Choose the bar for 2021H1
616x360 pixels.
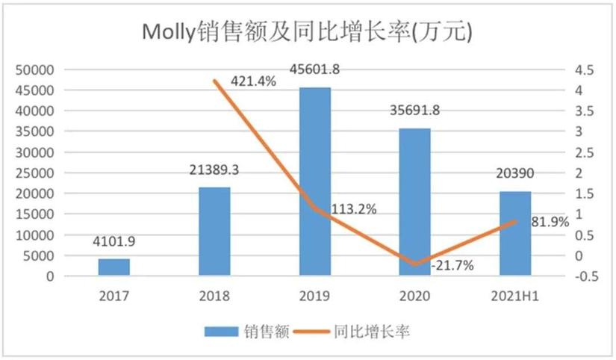click(x=514, y=234)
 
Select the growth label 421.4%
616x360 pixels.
click(x=253, y=81)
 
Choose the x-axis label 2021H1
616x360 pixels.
click(x=515, y=296)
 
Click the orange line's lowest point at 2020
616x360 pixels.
click(x=415, y=264)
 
